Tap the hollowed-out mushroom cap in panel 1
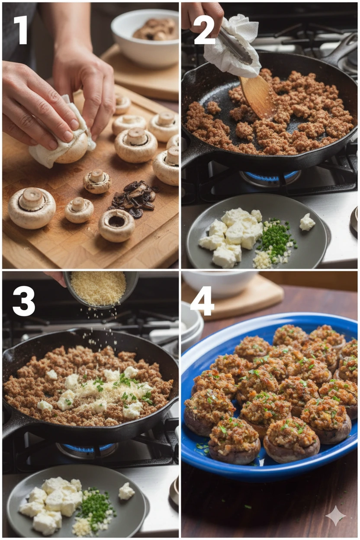pyautogui.click(x=117, y=225)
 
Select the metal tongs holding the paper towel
pyautogui.click(x=235, y=47)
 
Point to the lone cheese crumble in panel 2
pyautogui.click(x=307, y=222)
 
